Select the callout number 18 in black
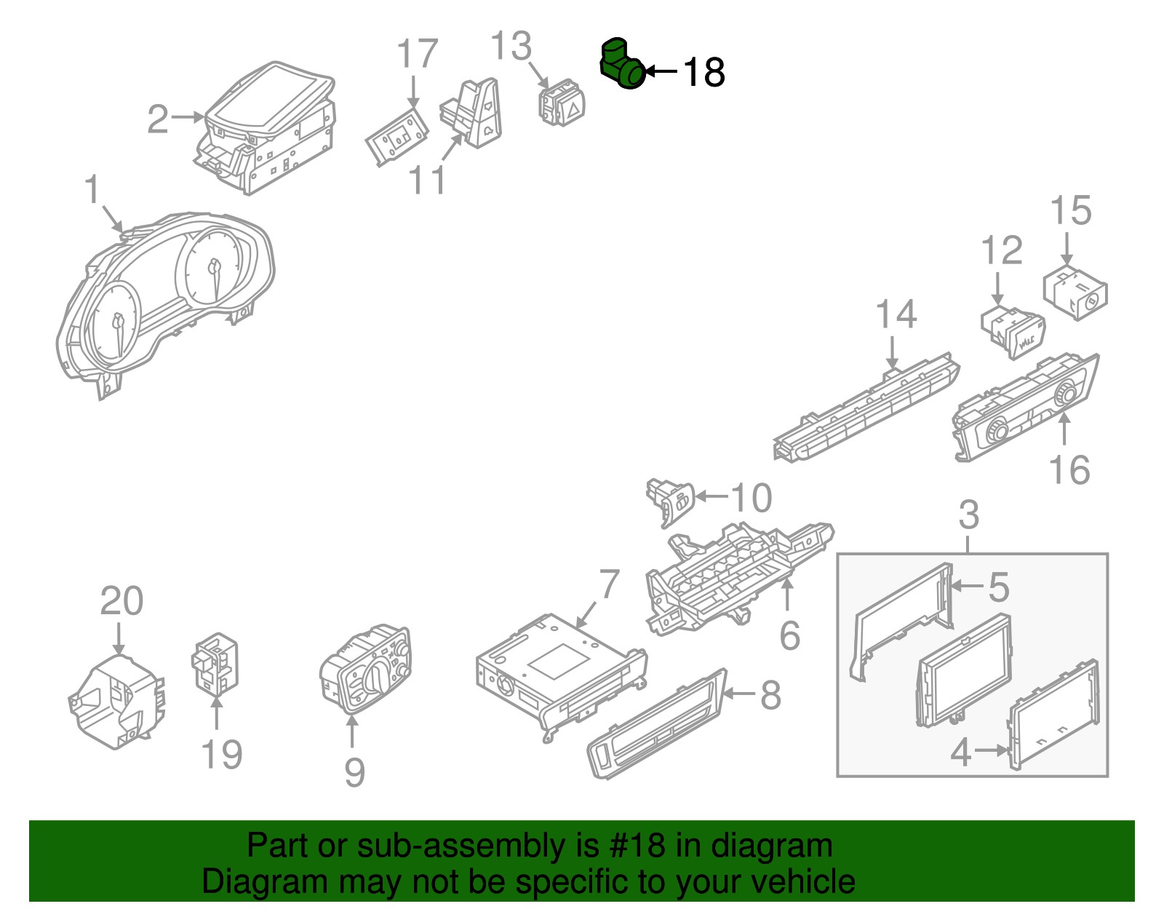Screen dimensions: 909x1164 (x=703, y=73)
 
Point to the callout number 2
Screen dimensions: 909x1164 (x=158, y=119)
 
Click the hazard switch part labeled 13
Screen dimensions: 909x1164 (x=561, y=104)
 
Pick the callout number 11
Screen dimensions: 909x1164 (x=427, y=180)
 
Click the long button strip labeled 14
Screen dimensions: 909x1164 (x=866, y=408)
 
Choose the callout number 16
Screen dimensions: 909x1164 (x=1069, y=469)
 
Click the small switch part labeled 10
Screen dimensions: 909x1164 (x=671, y=500)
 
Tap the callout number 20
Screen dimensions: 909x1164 (x=121, y=601)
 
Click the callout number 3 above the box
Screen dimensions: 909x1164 (x=968, y=515)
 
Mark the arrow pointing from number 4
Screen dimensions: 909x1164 (x=991, y=750)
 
